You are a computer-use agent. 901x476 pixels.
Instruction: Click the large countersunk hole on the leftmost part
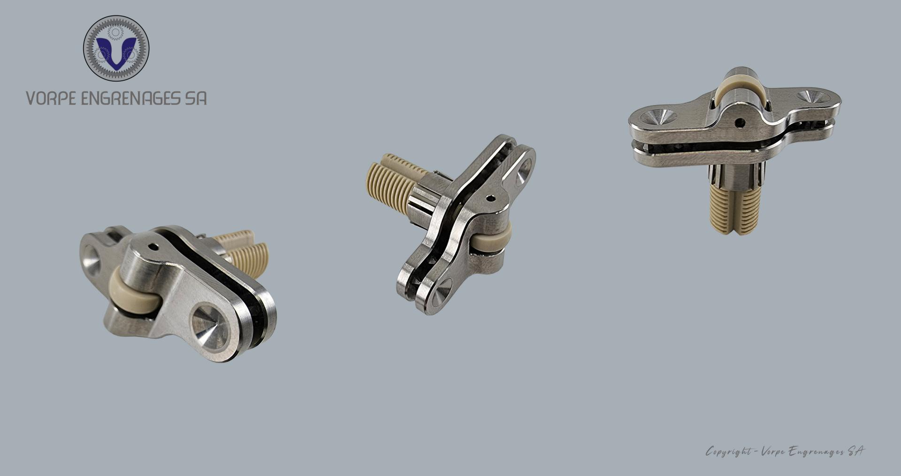tap(210, 328)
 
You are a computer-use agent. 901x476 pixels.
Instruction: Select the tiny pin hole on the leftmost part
tap(153, 245)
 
